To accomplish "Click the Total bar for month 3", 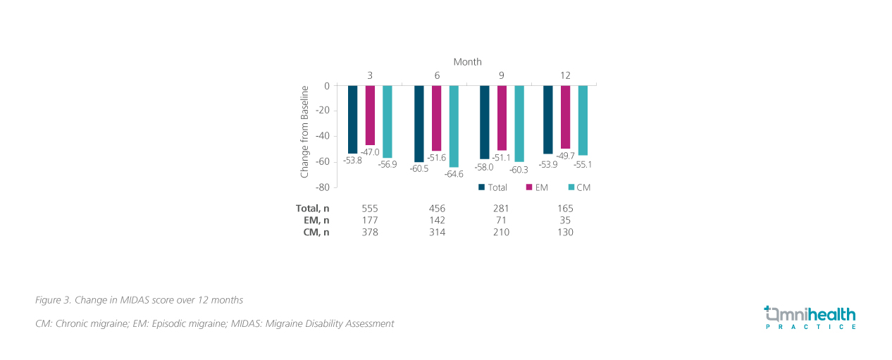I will [352, 119].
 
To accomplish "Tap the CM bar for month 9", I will [519, 123].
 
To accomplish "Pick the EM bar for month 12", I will [565, 117].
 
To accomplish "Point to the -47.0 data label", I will [370, 152].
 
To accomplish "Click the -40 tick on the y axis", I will [323, 137].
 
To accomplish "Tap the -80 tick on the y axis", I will [323, 187].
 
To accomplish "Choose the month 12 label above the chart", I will [565, 75].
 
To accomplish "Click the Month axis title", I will [467, 62].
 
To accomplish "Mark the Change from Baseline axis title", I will [305, 132].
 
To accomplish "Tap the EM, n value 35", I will [565, 220].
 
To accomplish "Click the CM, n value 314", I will [437, 232].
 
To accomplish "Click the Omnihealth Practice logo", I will [810, 318].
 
